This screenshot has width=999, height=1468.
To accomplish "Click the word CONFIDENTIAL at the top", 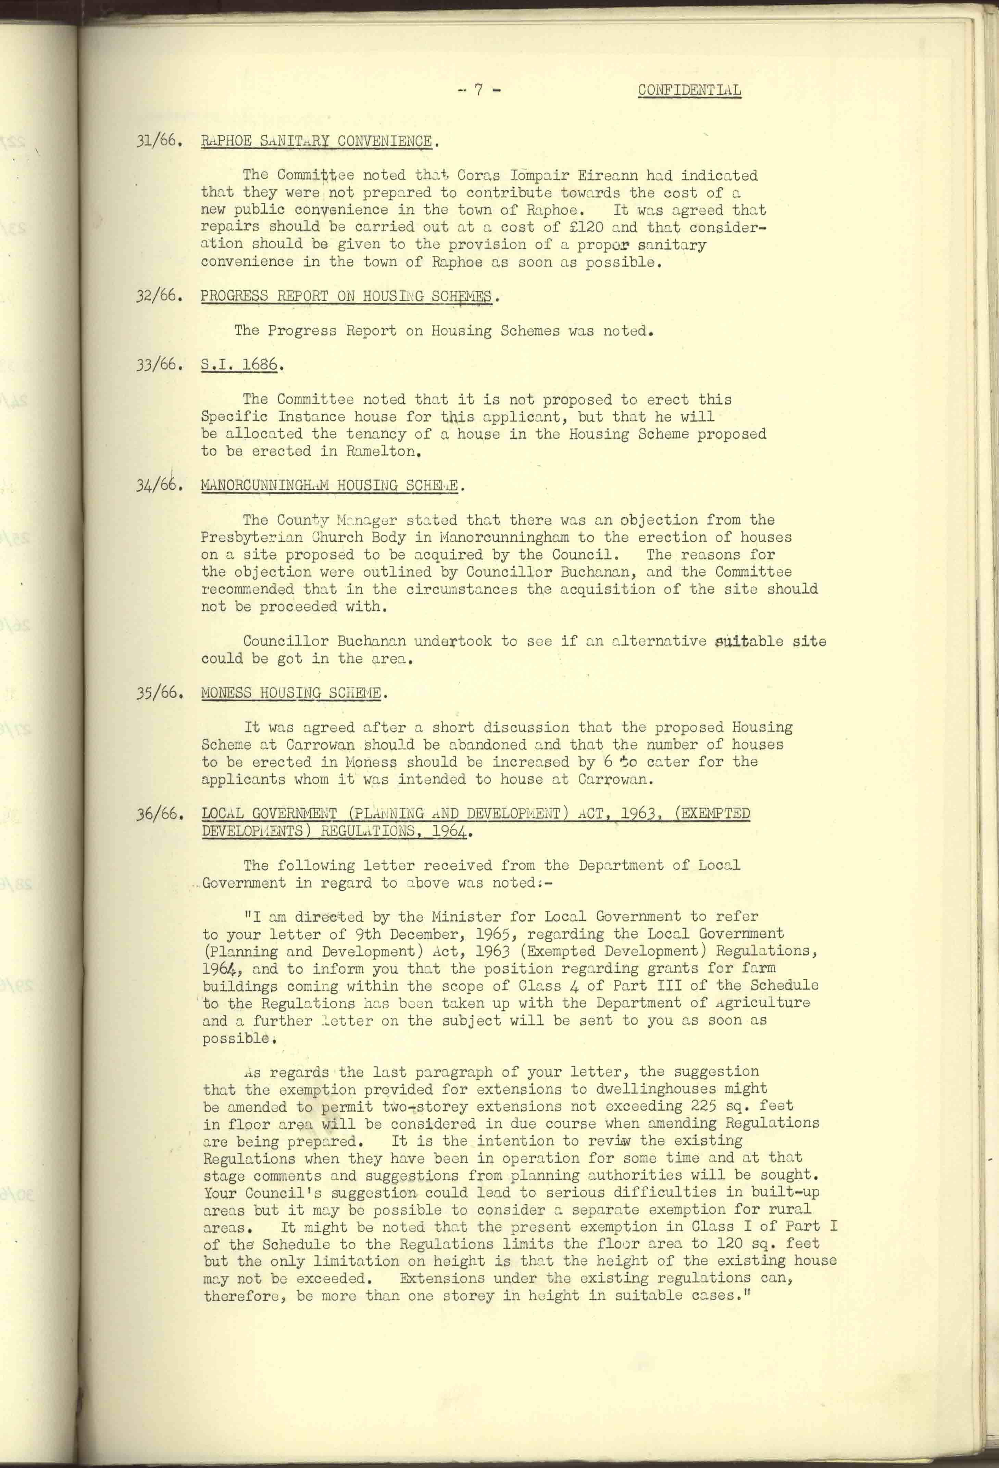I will [x=689, y=90].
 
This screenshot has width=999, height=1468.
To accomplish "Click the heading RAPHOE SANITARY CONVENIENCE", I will [x=317, y=141].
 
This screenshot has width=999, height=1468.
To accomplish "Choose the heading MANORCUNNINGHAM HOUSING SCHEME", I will [x=332, y=486].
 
